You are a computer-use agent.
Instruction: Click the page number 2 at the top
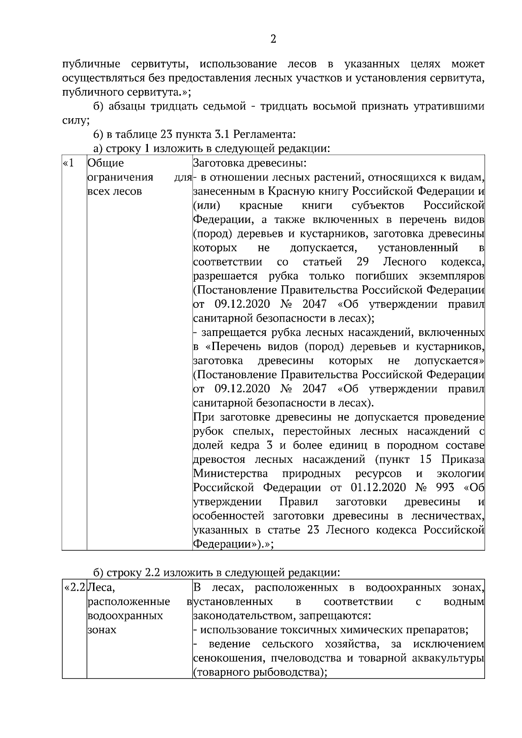click(273, 40)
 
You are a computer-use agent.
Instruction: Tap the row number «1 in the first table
click(69, 163)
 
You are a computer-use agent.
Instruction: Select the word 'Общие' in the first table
click(106, 163)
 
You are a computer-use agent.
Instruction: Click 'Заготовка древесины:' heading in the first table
click(250, 163)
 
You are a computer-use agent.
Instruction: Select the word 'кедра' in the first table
click(239, 445)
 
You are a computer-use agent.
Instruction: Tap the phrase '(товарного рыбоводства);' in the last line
click(260, 672)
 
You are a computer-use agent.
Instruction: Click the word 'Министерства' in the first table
click(230, 473)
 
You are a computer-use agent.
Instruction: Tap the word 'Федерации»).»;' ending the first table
click(233, 544)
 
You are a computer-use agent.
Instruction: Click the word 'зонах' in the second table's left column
click(102, 630)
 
